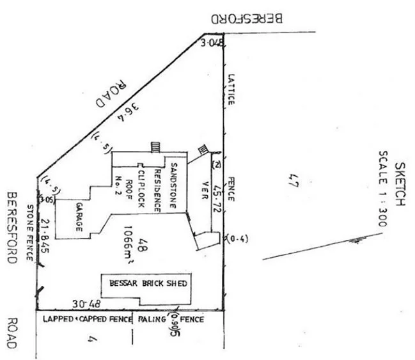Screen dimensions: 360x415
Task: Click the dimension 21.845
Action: [x=45, y=235]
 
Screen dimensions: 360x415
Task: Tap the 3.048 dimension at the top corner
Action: [x=212, y=43]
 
